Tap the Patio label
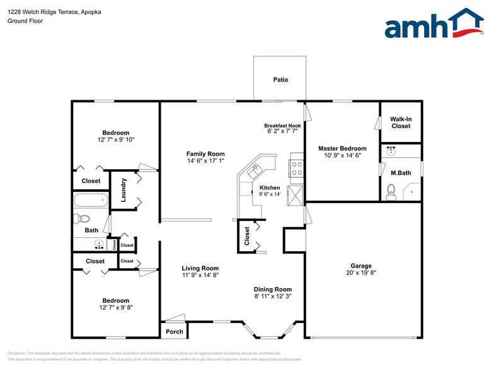click(x=280, y=79)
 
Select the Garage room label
click(x=361, y=266)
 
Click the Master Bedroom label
click(x=342, y=148)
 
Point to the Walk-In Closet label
click(x=400, y=122)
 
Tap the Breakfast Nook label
click(x=282, y=126)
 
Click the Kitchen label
click(x=270, y=187)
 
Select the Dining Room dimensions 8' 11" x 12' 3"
click(x=273, y=296)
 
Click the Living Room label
click(x=200, y=268)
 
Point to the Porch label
click(x=174, y=332)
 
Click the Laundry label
click(x=123, y=190)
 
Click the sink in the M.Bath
click(x=391, y=151)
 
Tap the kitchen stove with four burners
click(x=296, y=168)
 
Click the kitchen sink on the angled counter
click(x=256, y=170)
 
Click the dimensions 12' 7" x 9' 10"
click(x=116, y=139)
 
